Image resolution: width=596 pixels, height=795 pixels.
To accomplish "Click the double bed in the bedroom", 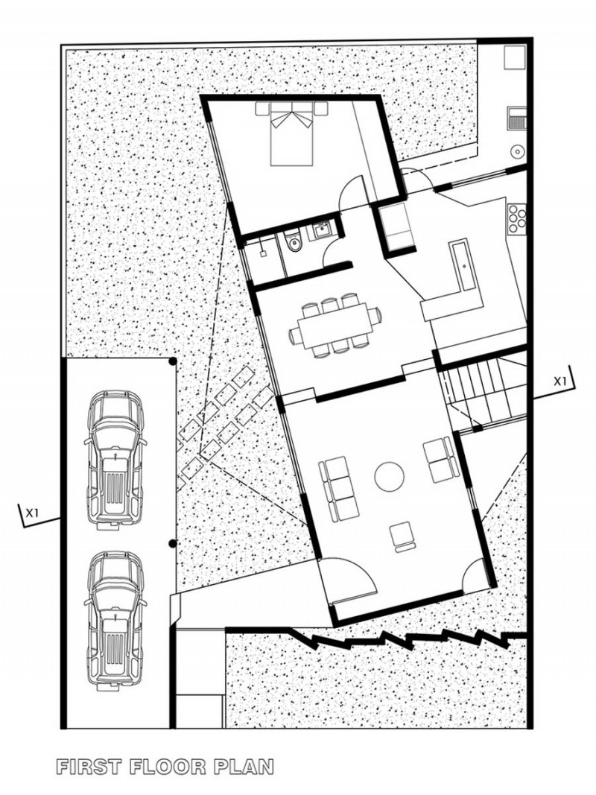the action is [x=291, y=133].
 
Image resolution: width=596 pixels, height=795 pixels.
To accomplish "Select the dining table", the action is [x=335, y=326].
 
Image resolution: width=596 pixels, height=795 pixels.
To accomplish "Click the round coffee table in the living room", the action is [x=389, y=476].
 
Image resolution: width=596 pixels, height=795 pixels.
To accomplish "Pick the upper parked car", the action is [x=115, y=460].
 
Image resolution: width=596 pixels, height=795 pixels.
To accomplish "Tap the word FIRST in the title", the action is [x=89, y=766].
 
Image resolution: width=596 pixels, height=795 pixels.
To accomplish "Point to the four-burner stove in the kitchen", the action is [x=517, y=219].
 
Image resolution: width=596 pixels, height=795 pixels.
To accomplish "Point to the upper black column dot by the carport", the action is [x=173, y=361].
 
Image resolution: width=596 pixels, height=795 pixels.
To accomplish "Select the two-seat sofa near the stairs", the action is [x=439, y=460].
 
